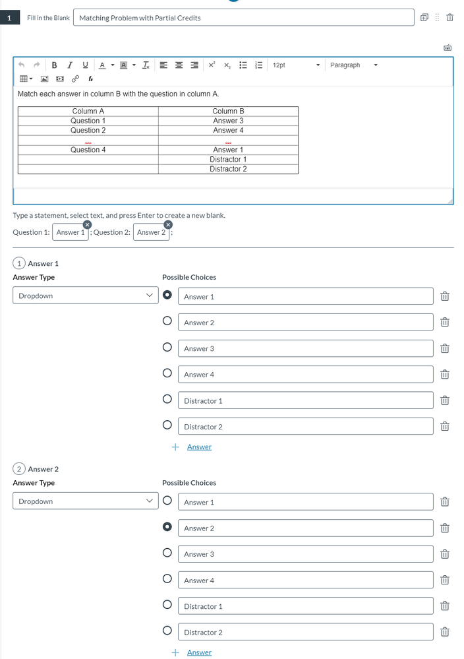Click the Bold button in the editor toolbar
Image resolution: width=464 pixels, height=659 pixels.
coord(54,65)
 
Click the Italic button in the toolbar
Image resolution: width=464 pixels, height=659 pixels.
coord(70,65)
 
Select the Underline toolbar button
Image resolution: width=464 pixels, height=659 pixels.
coord(85,65)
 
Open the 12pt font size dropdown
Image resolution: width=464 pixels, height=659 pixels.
coord(296,65)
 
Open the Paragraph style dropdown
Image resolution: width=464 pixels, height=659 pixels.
coord(354,65)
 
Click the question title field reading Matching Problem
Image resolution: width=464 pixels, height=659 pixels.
coord(244,18)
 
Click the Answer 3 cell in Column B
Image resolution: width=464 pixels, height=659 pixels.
coord(228,121)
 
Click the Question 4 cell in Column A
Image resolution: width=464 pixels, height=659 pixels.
coord(88,150)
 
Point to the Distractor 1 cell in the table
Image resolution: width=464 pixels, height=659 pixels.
coord(228,160)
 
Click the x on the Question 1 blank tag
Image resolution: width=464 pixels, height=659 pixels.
coord(87,225)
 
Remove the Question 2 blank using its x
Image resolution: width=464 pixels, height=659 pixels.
coord(167,225)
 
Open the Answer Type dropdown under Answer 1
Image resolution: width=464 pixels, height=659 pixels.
coord(85,296)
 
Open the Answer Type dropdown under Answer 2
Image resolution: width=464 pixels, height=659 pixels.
coord(85,501)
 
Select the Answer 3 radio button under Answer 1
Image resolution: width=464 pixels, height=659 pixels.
coord(167,347)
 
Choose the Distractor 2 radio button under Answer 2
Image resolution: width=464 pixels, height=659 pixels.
coord(167,631)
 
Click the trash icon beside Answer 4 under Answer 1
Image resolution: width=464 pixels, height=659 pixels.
coord(445,375)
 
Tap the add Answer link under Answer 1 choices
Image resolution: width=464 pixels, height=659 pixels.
coord(198,447)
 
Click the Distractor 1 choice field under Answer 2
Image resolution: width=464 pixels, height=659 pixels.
coord(305,606)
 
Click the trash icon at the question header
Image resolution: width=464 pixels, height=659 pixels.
coord(450,18)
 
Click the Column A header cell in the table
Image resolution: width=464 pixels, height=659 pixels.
coord(88,111)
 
